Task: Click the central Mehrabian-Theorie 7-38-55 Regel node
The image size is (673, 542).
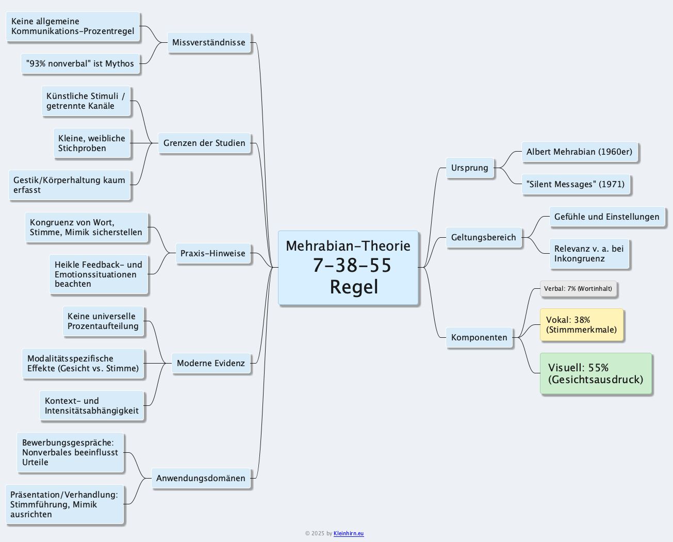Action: tap(348, 268)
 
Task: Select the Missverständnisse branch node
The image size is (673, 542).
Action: tap(209, 42)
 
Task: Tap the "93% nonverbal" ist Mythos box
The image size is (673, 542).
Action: tap(80, 64)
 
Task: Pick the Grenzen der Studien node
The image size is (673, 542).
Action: tap(204, 143)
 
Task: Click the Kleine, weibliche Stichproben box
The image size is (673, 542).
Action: tap(92, 143)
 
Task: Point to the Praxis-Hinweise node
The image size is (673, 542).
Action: tap(213, 253)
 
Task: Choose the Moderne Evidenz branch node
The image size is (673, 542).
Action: tap(211, 363)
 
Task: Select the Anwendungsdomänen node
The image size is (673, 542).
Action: tap(201, 478)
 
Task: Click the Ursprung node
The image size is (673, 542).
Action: tap(469, 168)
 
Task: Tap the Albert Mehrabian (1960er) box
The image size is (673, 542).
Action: tap(580, 152)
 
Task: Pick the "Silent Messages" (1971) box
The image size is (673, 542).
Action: tap(576, 184)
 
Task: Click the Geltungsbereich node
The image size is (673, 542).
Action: tap(483, 237)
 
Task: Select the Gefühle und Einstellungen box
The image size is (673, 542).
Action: tap(606, 217)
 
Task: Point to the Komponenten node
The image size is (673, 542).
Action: tap(479, 337)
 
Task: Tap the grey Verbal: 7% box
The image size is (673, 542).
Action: tap(578, 289)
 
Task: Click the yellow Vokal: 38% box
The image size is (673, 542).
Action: tap(581, 325)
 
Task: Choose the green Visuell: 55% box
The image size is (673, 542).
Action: tap(596, 374)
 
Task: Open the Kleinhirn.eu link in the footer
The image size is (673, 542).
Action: tap(349, 533)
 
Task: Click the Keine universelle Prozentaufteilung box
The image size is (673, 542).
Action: tap(103, 321)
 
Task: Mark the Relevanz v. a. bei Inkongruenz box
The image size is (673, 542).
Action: tap(589, 254)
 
